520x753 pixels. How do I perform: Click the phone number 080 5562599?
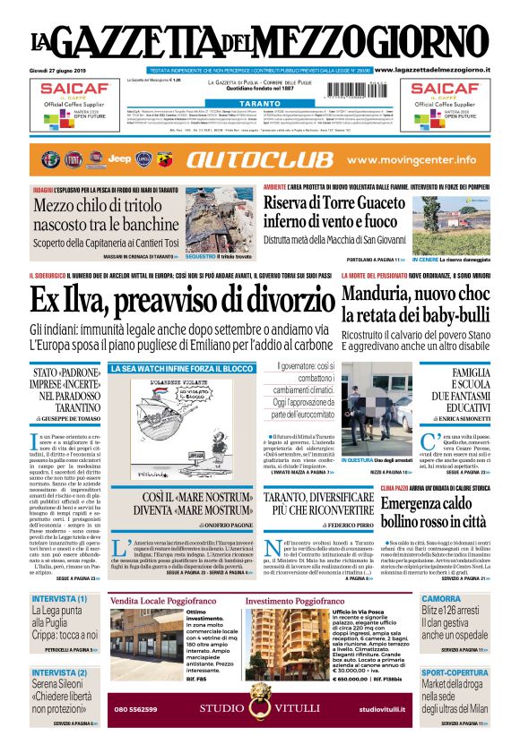[x=136, y=709]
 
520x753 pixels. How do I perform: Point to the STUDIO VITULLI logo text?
[x=259, y=709]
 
